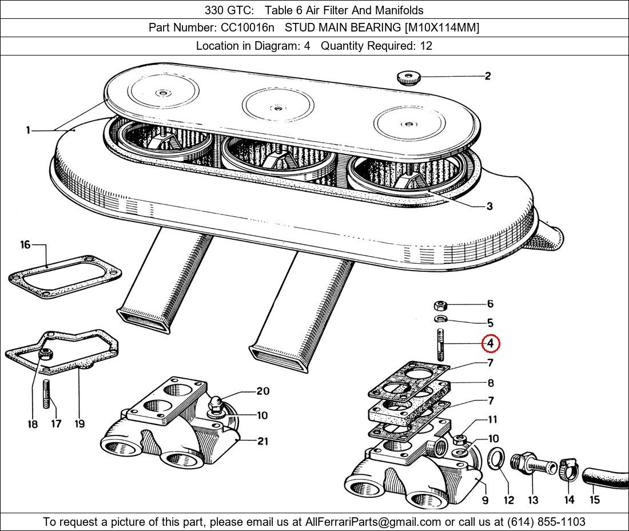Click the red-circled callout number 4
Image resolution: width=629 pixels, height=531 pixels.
click(491, 343)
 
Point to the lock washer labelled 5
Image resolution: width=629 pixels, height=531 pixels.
click(440, 319)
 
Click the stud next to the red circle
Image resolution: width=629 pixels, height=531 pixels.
click(441, 344)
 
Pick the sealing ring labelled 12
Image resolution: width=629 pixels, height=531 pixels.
click(497, 459)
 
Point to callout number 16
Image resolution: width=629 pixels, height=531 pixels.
click(25, 245)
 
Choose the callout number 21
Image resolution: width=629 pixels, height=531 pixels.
click(262, 441)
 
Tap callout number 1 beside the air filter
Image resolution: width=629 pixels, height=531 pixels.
click(27, 130)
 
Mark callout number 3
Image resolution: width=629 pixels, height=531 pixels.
click(489, 206)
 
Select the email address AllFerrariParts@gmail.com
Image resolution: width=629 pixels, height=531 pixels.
click(373, 522)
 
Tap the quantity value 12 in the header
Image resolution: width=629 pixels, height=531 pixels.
click(425, 46)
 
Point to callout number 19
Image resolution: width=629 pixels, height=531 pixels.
click(79, 423)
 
